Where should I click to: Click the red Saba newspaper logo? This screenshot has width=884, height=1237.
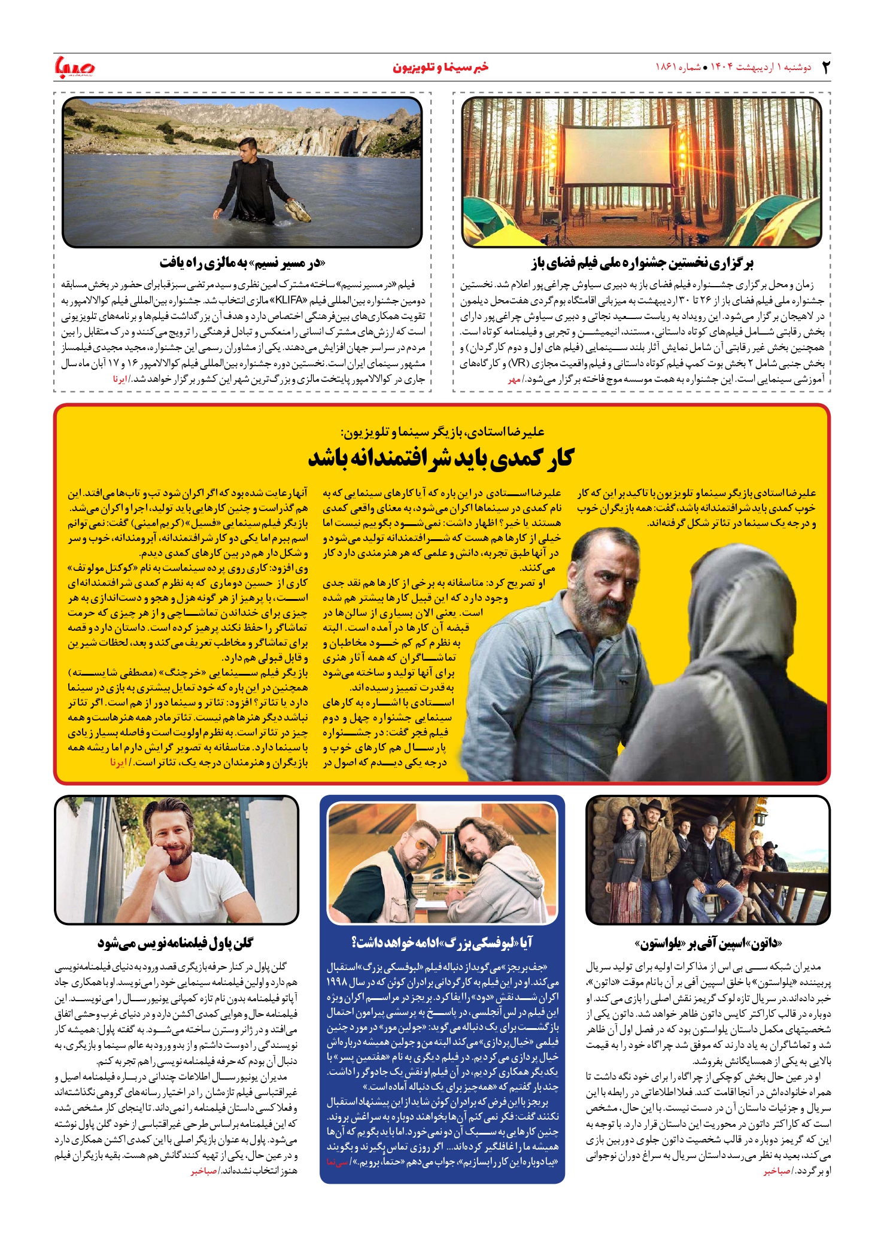(x=75, y=66)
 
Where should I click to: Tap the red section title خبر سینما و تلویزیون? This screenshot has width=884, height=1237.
(x=441, y=67)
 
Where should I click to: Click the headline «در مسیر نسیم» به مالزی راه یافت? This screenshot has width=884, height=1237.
(x=242, y=263)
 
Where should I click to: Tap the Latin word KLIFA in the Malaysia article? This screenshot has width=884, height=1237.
(x=290, y=300)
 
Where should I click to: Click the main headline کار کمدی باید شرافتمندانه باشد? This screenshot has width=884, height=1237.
(x=441, y=458)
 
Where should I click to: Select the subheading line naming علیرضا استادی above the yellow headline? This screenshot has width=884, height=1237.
(x=442, y=431)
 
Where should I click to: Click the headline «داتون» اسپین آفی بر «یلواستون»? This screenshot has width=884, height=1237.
(x=708, y=944)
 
